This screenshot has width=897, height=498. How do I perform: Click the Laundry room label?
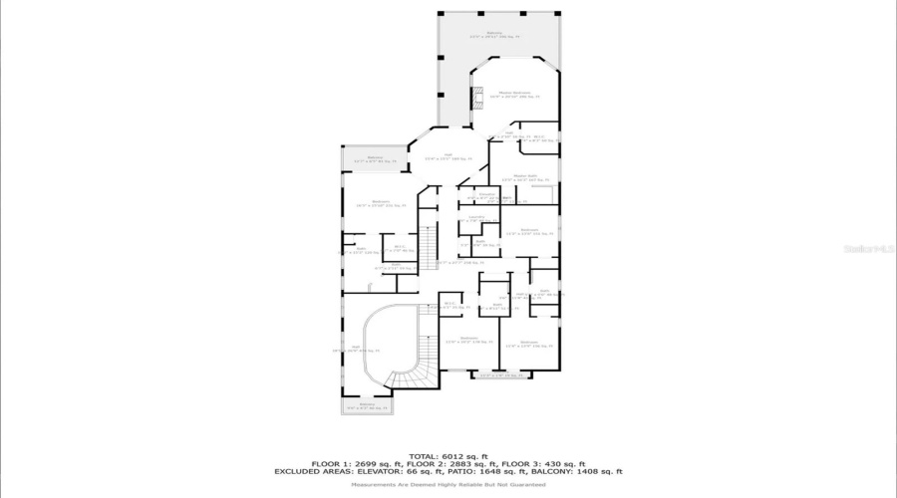pos(477,218)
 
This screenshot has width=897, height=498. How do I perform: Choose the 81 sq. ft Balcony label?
pos(375,158)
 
